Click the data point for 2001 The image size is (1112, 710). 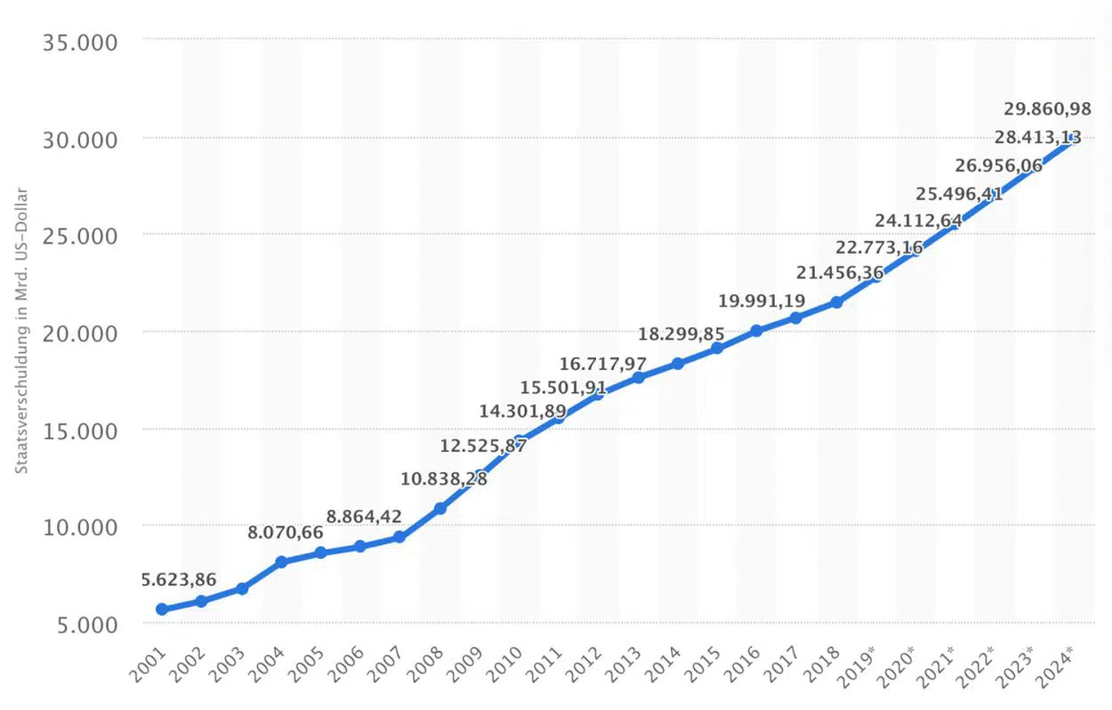click(x=162, y=609)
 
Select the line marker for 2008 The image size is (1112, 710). click(x=439, y=508)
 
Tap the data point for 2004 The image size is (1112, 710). click(x=281, y=562)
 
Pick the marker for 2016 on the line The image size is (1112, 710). click(x=756, y=330)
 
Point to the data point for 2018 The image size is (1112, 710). click(x=836, y=303)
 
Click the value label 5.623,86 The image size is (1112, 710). click(x=179, y=580)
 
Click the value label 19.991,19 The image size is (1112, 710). click(x=761, y=301)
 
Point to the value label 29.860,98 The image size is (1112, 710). click(x=1048, y=109)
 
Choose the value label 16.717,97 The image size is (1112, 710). click(x=603, y=364)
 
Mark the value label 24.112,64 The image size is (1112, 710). click(x=918, y=221)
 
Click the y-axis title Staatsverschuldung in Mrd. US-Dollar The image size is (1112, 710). click(x=21, y=330)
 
